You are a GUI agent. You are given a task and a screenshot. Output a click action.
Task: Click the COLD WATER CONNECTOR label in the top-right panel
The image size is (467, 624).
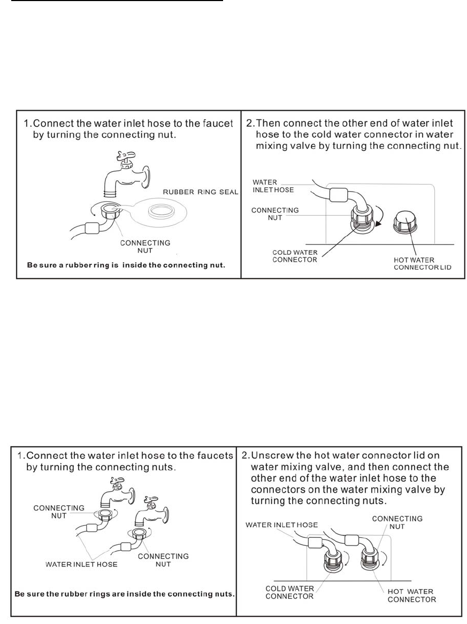coord(295,256)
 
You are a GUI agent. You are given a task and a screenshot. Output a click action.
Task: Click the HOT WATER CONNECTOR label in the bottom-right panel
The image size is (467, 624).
coord(411,595)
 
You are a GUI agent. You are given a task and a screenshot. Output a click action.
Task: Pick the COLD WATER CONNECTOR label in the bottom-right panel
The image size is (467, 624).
coord(289,592)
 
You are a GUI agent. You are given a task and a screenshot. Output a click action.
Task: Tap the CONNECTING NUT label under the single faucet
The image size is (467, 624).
coord(145,246)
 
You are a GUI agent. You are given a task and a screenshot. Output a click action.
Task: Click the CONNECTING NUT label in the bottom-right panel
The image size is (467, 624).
coord(397,522)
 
